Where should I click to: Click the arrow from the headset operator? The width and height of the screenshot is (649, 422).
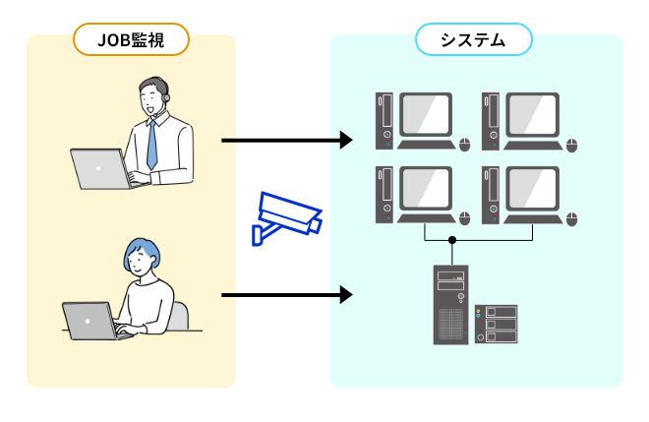pyautogui.click(x=286, y=141)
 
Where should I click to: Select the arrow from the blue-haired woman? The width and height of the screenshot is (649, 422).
pyautogui.click(x=286, y=294)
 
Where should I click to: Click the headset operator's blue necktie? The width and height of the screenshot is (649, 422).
pyautogui.click(x=151, y=144)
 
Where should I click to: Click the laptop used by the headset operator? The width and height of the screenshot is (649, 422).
pyautogui.click(x=101, y=169)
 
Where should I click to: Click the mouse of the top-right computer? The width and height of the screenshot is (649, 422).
pyautogui.click(x=572, y=145)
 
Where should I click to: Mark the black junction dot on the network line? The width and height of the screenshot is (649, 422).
pyautogui.click(x=452, y=240)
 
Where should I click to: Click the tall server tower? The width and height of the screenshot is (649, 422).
pyautogui.click(x=452, y=304)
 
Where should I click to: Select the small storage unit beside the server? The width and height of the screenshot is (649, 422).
pyautogui.click(x=498, y=324)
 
